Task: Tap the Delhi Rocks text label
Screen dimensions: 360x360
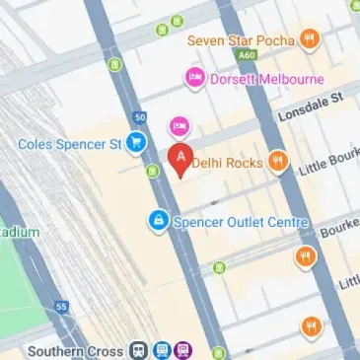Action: point(229,161)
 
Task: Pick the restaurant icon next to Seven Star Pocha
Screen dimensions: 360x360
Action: point(310,40)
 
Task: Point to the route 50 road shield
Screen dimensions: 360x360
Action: point(141,116)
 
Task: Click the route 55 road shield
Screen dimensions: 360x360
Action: point(61,308)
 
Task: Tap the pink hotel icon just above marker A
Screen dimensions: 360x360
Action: point(179,125)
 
